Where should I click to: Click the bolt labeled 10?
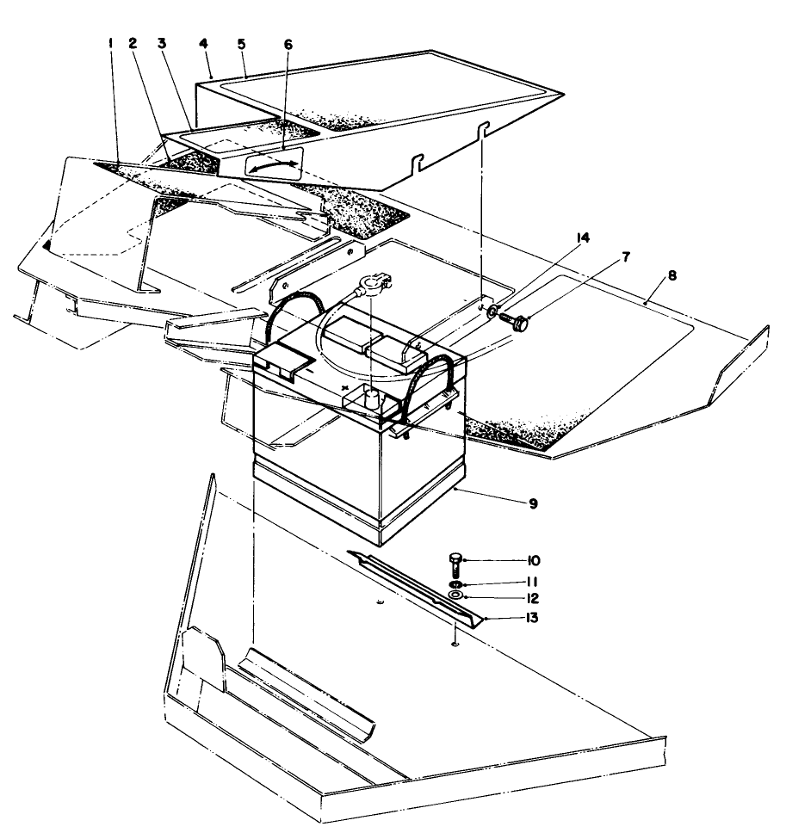tap(455, 564)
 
